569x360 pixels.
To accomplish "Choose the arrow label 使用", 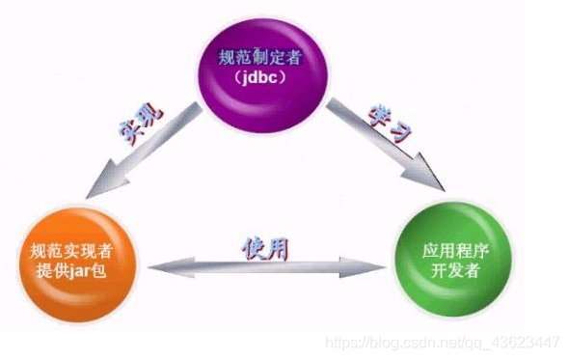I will click(x=264, y=246).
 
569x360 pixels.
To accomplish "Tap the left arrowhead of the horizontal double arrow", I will click(x=157, y=269).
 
